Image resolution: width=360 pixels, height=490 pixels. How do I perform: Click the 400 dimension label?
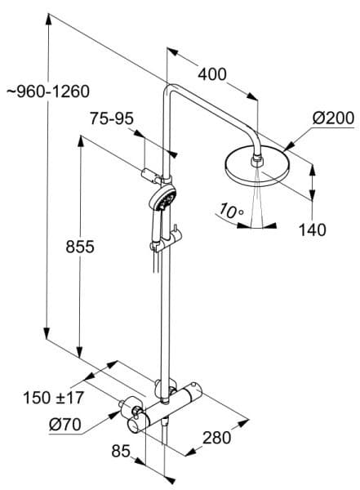click(x=212, y=74)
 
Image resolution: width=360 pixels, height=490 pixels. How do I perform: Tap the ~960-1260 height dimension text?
click(x=48, y=91)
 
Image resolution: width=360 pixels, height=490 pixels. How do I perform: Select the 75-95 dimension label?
click(x=112, y=118)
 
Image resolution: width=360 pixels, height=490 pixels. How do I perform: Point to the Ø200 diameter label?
click(x=333, y=118)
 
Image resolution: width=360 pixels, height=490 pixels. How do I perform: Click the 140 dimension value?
click(x=313, y=229)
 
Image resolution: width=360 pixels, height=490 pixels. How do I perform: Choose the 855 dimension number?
click(x=80, y=247)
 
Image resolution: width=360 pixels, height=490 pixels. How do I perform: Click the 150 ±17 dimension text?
click(x=53, y=398)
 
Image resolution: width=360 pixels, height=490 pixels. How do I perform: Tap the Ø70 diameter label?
click(x=65, y=425)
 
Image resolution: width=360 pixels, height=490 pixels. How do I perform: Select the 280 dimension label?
click(x=217, y=438)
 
